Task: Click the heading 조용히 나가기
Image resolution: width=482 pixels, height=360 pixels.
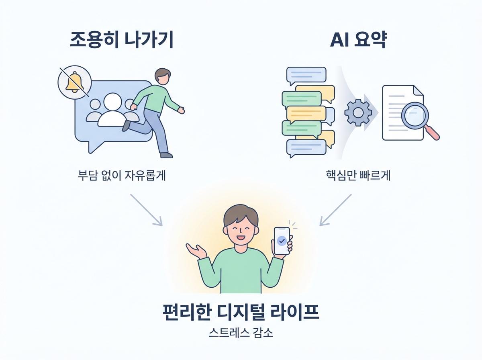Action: (121, 41)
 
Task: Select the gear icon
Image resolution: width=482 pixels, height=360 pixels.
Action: (355, 112)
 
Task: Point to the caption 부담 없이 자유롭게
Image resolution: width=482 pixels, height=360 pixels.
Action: (122, 176)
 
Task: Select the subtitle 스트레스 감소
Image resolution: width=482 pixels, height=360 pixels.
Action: (241, 333)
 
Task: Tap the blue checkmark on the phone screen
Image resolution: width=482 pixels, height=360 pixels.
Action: (282, 241)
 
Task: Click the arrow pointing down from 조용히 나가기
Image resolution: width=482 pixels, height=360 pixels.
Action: (146, 210)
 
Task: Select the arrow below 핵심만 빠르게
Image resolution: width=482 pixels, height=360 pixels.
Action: (335, 210)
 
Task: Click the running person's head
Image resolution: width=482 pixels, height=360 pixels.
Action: (161, 76)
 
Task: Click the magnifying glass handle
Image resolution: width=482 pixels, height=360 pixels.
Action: (433, 133)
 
